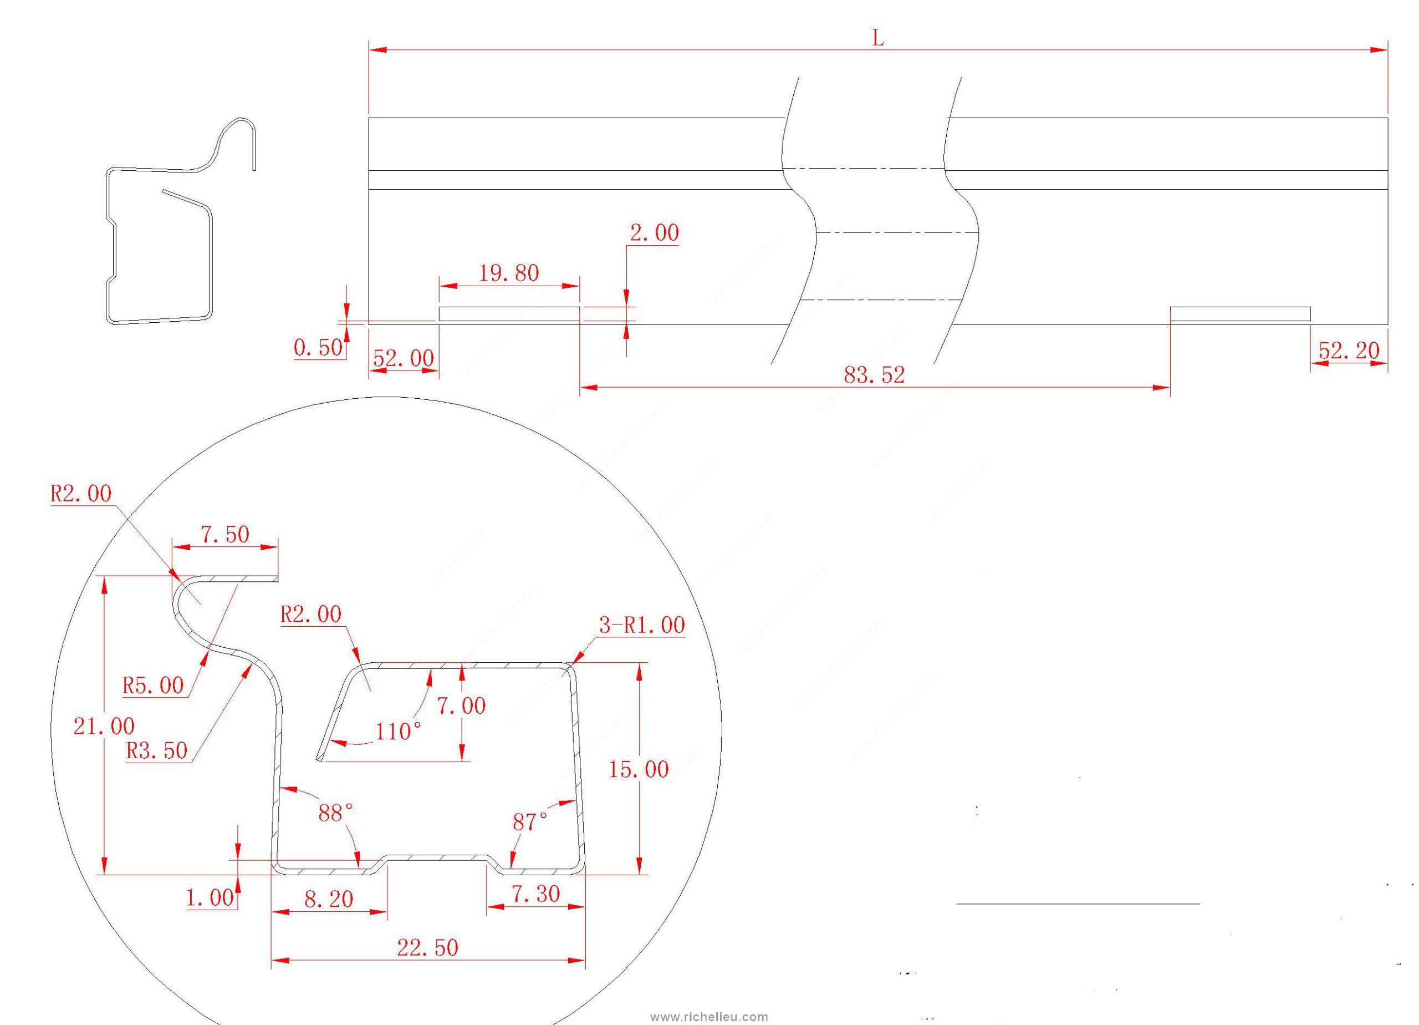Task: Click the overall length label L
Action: (878, 39)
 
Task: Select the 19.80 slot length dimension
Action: (509, 273)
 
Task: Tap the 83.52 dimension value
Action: (874, 375)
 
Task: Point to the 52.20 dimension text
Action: (1348, 351)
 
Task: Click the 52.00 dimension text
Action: (403, 358)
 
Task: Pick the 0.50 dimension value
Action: (318, 348)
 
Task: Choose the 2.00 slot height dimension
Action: (654, 234)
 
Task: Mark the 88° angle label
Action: (336, 813)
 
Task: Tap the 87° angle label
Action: (530, 822)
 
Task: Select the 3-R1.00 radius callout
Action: (641, 625)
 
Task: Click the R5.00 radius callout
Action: (152, 686)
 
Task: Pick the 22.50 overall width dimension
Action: (427, 947)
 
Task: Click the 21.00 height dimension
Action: (104, 727)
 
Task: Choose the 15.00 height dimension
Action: (638, 769)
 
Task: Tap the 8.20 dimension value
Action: (329, 900)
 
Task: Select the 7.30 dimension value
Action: (535, 894)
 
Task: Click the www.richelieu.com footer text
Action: (709, 1017)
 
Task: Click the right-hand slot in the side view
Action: (1240, 314)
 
